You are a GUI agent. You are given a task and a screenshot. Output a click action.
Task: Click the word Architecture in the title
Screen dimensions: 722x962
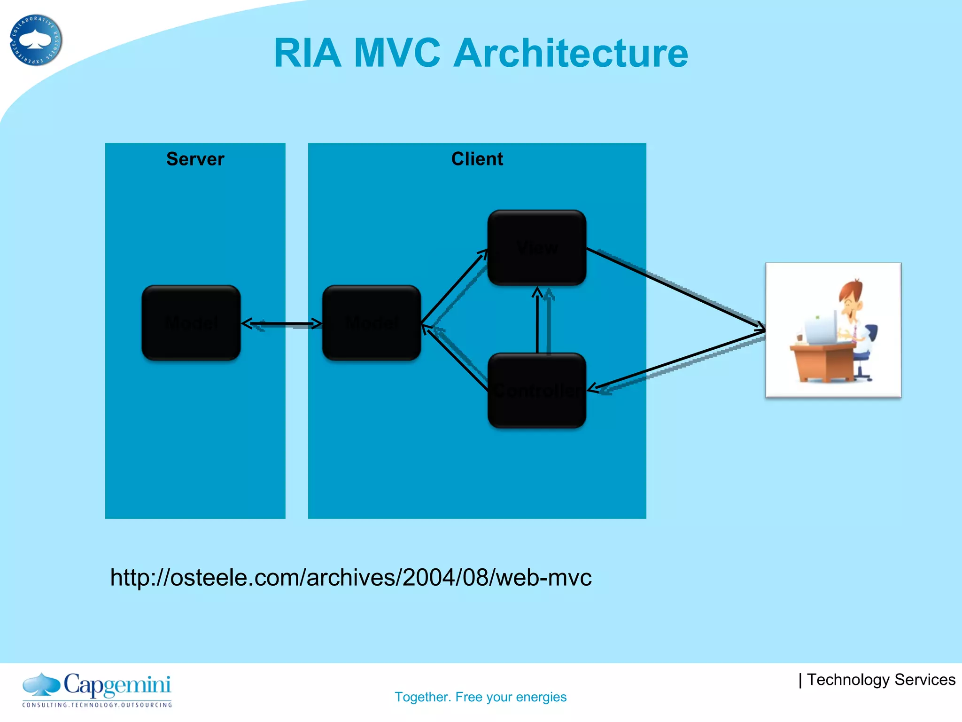point(571,53)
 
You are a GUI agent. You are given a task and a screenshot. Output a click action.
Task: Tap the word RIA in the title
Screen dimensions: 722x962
point(307,53)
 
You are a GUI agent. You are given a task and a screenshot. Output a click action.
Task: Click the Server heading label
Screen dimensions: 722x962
point(195,159)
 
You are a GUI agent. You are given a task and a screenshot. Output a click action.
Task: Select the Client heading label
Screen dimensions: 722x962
point(477,159)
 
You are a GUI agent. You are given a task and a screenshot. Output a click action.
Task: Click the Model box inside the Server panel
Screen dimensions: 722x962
point(191,323)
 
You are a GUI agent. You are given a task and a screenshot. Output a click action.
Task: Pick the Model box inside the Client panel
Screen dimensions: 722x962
point(372,323)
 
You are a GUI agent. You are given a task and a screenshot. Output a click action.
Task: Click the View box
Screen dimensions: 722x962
point(537,247)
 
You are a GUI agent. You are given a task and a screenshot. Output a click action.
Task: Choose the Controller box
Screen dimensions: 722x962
point(537,390)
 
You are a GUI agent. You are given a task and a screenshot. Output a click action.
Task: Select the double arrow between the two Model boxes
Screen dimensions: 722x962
point(282,323)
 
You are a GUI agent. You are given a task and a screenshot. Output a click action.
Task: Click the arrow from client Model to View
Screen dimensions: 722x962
point(453,287)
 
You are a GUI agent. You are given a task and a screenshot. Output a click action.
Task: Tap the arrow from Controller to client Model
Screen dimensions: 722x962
point(455,357)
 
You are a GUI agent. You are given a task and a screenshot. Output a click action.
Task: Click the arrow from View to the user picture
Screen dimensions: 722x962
point(676,289)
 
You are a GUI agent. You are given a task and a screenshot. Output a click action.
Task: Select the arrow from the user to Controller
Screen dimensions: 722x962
point(676,360)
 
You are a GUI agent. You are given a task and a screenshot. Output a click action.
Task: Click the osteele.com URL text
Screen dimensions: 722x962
point(350,577)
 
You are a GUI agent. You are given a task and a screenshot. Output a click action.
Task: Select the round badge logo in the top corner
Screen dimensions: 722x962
point(36,40)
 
